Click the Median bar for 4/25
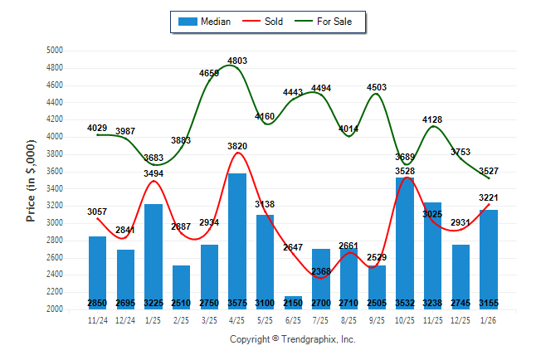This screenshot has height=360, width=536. pyautogui.click(x=237, y=241)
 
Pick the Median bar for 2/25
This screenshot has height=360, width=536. pyautogui.click(x=182, y=286)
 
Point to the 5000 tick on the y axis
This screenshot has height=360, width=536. pyautogui.click(x=55, y=51)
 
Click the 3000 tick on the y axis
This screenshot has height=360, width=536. pyautogui.click(x=55, y=223)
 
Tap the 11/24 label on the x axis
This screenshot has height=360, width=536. pyautogui.click(x=98, y=319)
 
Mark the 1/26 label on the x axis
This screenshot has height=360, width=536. pyautogui.click(x=489, y=319)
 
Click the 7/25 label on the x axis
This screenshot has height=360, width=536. pyautogui.click(x=321, y=319)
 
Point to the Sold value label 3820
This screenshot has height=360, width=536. pyautogui.click(x=237, y=146)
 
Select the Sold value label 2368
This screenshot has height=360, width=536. pyautogui.click(x=321, y=271)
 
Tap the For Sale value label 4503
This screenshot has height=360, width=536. pyautogui.click(x=377, y=87)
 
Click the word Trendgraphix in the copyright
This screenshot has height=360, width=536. pyautogui.click(x=311, y=339)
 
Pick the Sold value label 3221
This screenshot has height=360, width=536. pyautogui.click(x=489, y=197)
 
